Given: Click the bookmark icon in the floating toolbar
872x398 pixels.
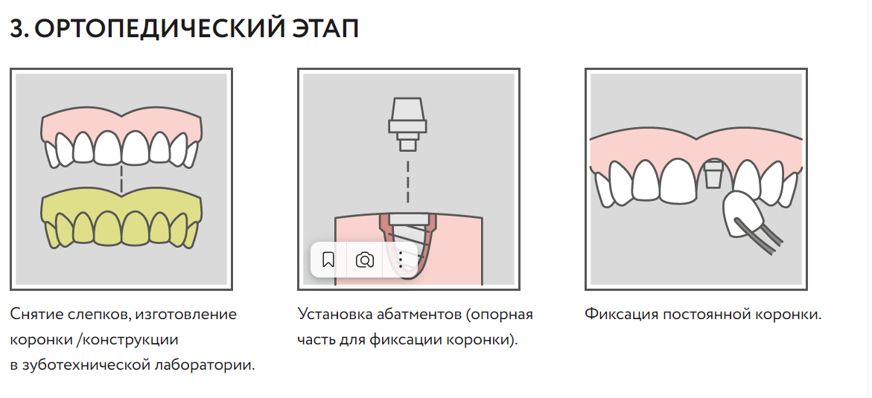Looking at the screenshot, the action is (328, 260).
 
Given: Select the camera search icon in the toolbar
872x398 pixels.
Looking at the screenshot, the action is (365, 260).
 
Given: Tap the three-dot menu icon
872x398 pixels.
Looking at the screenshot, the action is (401, 260).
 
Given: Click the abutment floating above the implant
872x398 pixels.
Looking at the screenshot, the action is (407, 124).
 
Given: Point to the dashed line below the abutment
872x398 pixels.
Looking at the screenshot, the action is (407, 182).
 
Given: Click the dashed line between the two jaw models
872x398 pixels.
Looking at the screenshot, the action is (121, 179).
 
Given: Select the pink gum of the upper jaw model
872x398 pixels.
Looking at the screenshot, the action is (121, 125).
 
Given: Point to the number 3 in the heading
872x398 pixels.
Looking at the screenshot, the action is (18, 29).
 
